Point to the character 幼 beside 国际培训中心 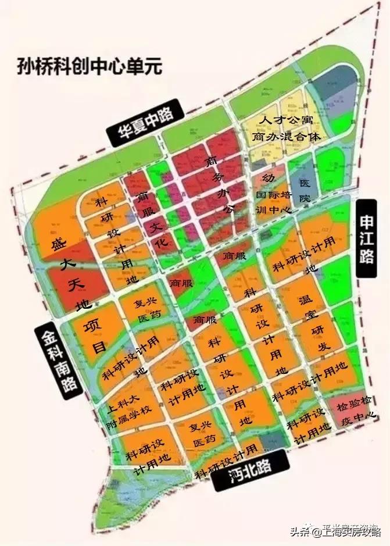coord(268,177)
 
